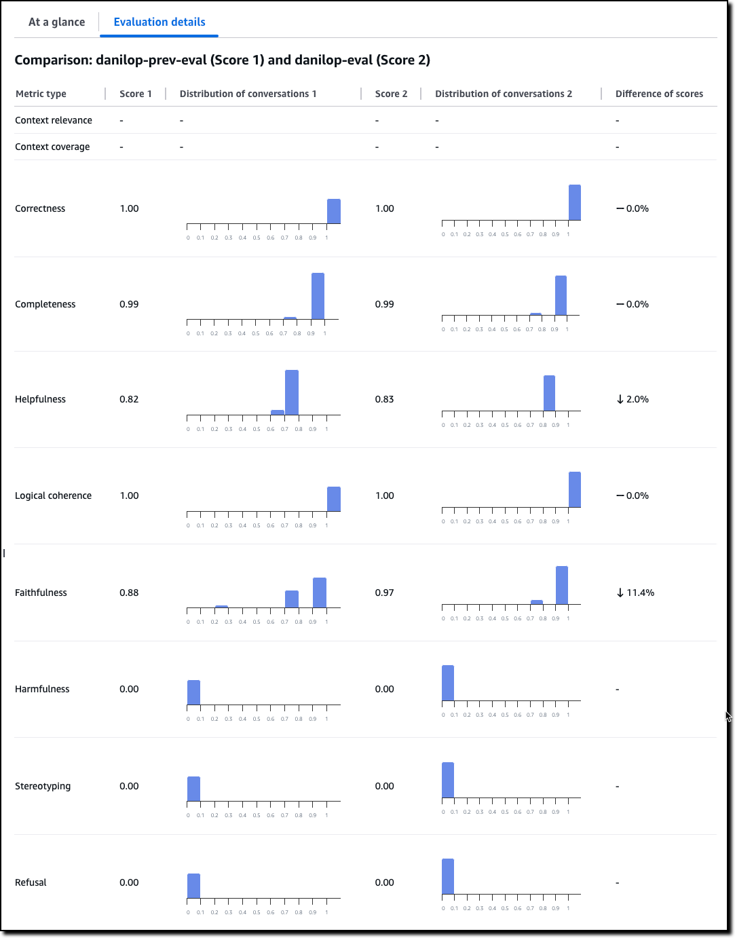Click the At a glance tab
point(57,22)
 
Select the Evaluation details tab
point(159,22)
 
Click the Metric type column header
point(41,94)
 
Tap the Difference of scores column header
point(659,94)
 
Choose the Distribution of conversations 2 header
point(504,94)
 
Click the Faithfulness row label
point(41,593)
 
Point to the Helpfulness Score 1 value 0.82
point(129,399)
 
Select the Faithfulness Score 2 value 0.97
point(384,593)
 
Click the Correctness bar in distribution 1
point(334,211)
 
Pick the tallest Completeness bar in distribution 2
point(561,295)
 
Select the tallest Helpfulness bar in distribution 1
point(292,392)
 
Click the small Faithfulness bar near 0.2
point(221,606)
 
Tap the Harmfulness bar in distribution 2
point(448,683)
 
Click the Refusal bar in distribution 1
point(193,886)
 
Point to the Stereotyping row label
point(43,786)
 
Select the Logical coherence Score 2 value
point(384,495)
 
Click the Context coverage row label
point(52,147)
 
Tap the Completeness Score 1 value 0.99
point(129,304)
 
